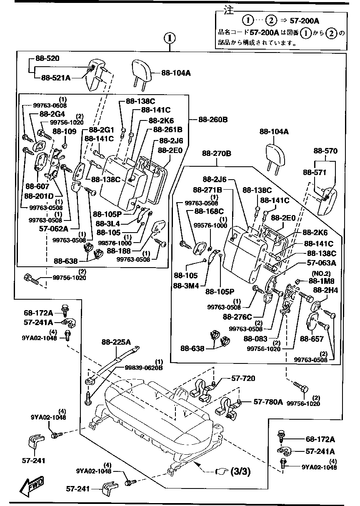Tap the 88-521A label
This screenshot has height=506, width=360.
click(x=56, y=77)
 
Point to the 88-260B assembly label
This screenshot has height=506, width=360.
click(x=212, y=120)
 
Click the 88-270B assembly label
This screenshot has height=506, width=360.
click(x=216, y=153)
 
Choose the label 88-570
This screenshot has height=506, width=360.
click(x=326, y=150)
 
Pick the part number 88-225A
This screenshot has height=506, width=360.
click(x=116, y=342)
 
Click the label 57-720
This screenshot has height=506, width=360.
click(x=243, y=378)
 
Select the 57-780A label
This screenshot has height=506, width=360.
click(x=268, y=402)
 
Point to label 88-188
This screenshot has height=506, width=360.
click(x=119, y=251)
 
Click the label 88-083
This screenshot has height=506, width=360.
click(x=255, y=339)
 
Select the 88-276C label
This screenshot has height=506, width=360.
click(x=238, y=317)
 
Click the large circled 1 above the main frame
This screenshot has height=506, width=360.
click(x=170, y=39)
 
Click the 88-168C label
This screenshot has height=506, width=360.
click(x=209, y=211)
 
